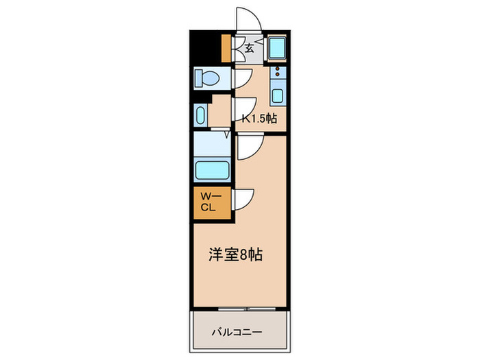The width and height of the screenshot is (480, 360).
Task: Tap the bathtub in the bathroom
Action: click(x=213, y=169)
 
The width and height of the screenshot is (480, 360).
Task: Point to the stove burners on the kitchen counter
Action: click(x=277, y=73)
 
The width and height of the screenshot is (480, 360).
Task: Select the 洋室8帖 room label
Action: click(x=236, y=254)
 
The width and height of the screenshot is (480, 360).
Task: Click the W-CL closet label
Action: click(x=208, y=202)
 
